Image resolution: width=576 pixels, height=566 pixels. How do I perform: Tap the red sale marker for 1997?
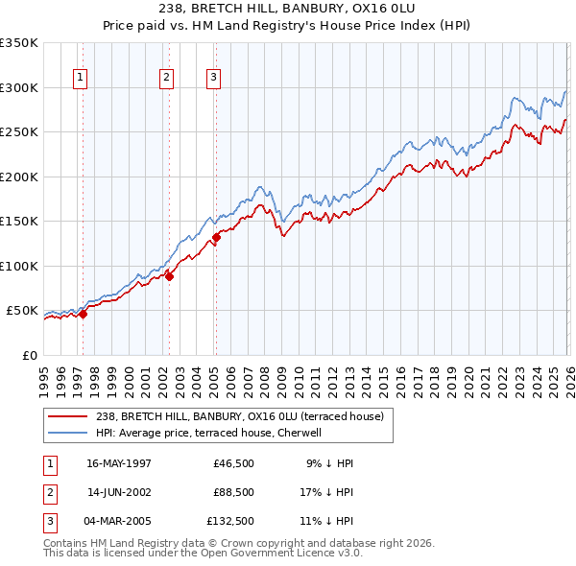[x=84, y=313]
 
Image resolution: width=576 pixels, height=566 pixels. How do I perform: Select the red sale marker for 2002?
[x=170, y=276]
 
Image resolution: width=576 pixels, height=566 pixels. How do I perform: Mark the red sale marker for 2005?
[x=216, y=237]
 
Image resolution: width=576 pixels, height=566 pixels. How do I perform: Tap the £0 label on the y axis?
[x=29, y=355]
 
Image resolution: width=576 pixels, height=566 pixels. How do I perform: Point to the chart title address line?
[x=288, y=10]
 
